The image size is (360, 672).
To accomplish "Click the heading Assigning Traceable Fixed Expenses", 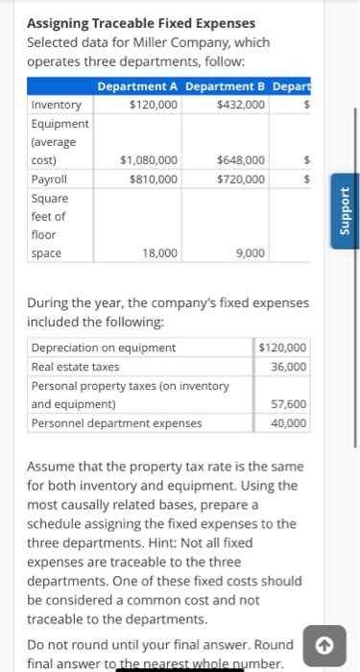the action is coord(141,22).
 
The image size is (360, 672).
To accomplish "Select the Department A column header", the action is coord(138,86).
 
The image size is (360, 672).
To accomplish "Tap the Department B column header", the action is coord(226,86).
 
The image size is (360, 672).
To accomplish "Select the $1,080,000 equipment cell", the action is coord(148,159).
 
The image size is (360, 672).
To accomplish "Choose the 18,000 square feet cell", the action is coord(159,252).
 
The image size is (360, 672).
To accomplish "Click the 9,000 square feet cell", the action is coord(251,252).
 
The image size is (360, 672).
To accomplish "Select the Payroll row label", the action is coord(50,179).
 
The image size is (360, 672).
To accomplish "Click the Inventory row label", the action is coord(57,105).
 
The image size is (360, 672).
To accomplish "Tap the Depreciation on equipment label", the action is coord(104,348).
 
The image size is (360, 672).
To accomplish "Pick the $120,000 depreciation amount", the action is coord(283,348).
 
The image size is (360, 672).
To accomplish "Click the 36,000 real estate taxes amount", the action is coord(289,366).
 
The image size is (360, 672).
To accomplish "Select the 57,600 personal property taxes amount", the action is coord(289,404).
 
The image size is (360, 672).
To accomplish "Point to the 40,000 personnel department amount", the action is coord(289,422).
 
